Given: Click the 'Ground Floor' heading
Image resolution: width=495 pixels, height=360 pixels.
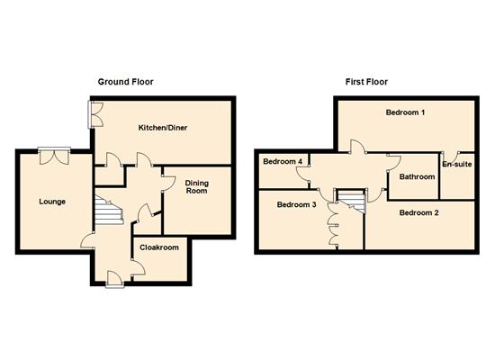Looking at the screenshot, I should pyautogui.click(x=125, y=82).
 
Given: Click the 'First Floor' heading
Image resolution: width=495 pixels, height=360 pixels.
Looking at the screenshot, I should pyautogui.click(x=366, y=82).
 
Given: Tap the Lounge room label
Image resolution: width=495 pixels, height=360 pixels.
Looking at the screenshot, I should pyautogui.click(x=52, y=202).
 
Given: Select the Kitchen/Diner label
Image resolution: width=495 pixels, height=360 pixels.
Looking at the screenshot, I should pyautogui.click(x=162, y=128).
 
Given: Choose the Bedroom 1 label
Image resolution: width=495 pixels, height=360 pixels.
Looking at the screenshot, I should pyautogui.click(x=405, y=112).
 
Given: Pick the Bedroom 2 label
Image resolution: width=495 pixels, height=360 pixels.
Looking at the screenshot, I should pyautogui.click(x=418, y=213).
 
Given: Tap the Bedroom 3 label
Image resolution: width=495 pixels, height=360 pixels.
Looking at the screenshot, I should pyautogui.click(x=296, y=205).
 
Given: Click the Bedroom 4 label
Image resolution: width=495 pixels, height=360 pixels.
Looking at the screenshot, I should pyautogui.click(x=282, y=162).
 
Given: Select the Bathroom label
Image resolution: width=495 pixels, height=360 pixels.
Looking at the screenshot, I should pyautogui.click(x=417, y=177).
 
